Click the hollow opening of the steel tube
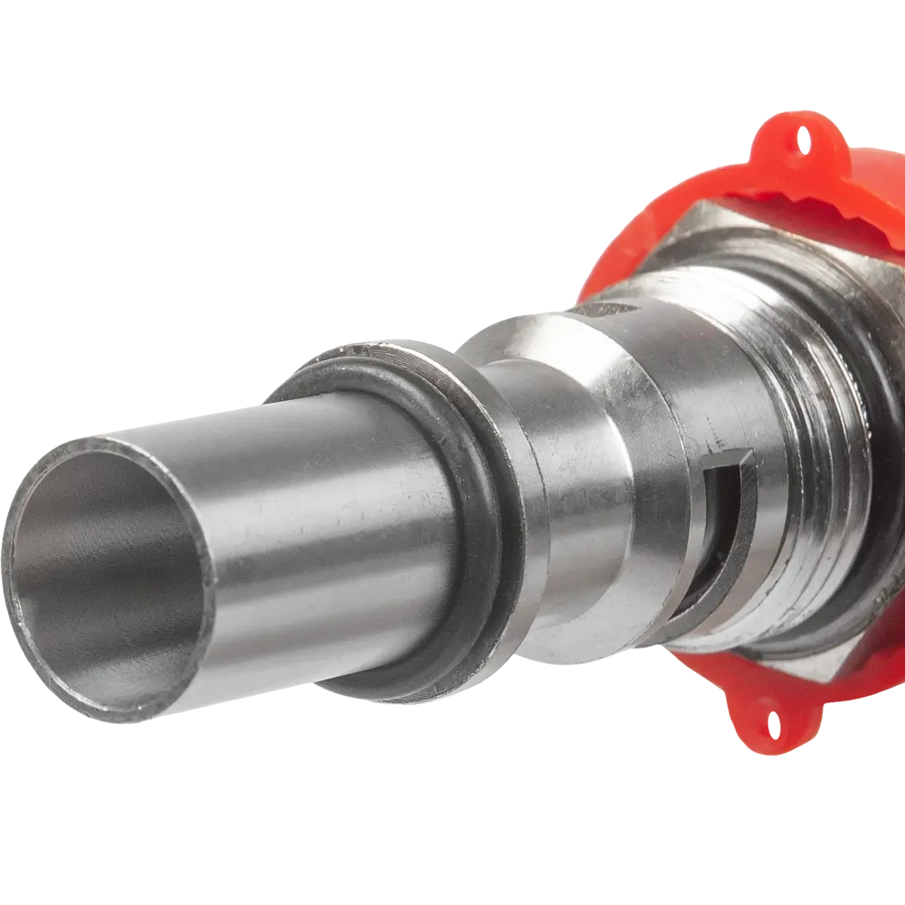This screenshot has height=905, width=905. (x=109, y=579)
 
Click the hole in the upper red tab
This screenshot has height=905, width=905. (x=801, y=139)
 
